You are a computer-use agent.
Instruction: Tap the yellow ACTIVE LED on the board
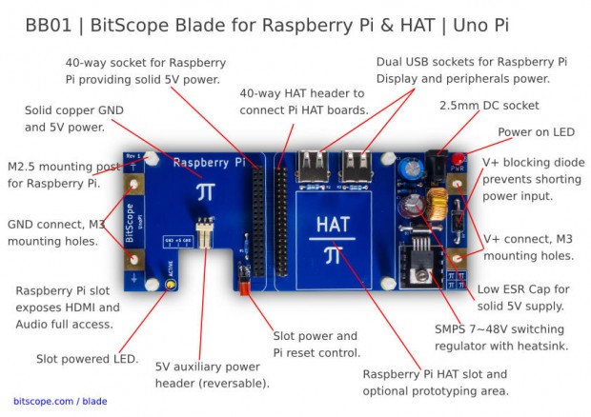point(171,285)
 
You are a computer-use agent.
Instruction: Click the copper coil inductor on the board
point(439,201)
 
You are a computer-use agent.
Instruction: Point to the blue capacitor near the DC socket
point(412,168)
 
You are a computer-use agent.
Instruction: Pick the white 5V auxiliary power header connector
point(202,232)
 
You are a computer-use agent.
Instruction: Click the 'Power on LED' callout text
point(536,130)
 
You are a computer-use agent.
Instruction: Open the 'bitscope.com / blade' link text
point(60,401)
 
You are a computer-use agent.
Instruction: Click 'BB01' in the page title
point(50,25)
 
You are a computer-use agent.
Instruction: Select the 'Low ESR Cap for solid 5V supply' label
point(523,297)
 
